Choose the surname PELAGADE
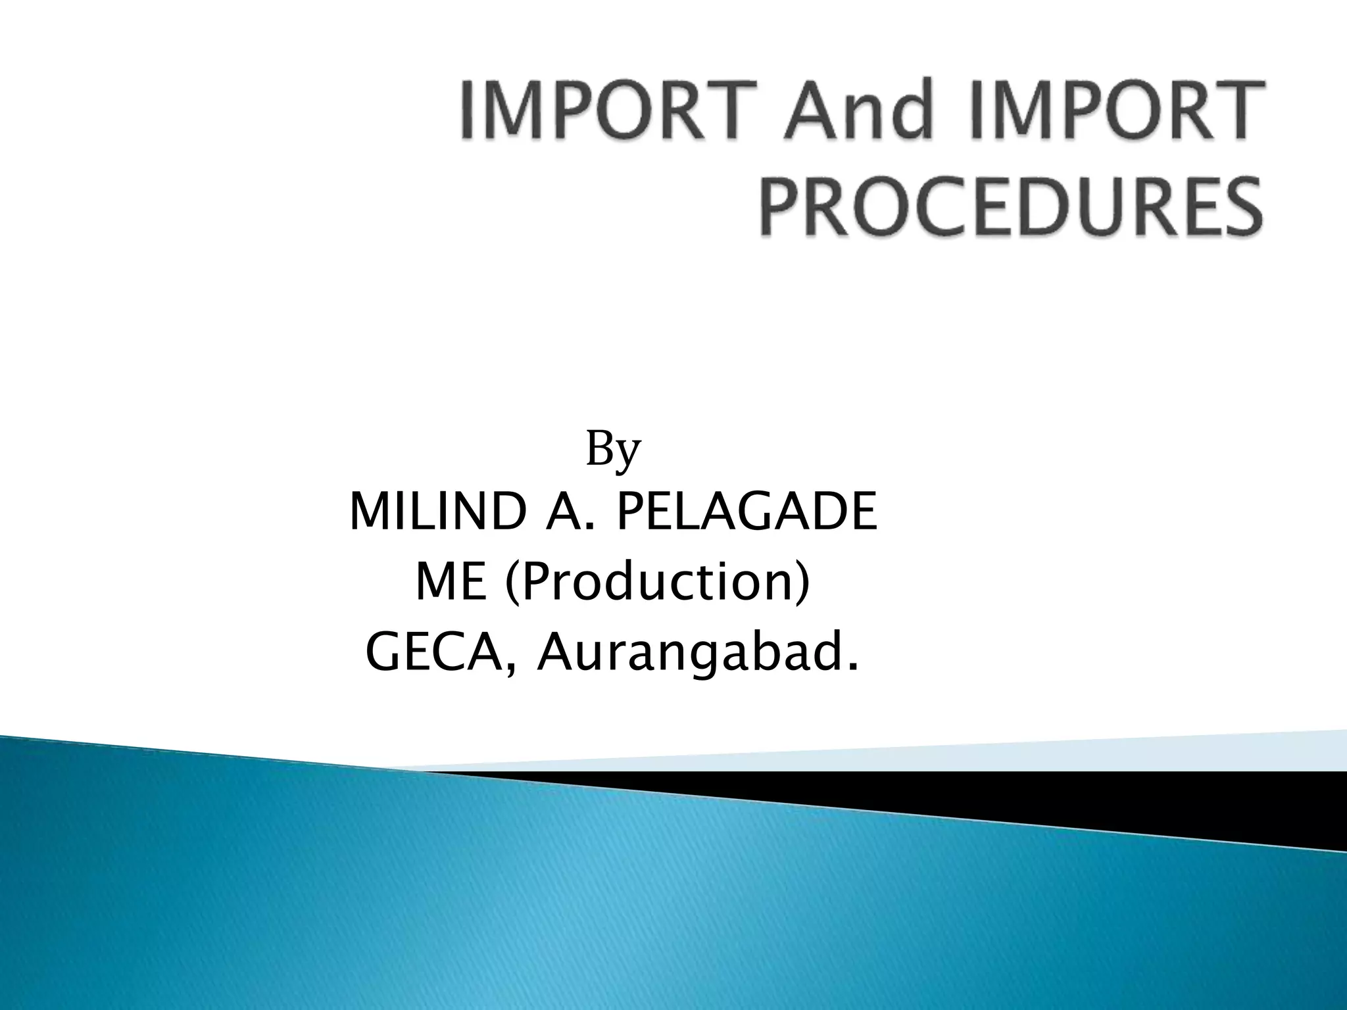click(x=747, y=514)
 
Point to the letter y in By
click(x=628, y=455)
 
